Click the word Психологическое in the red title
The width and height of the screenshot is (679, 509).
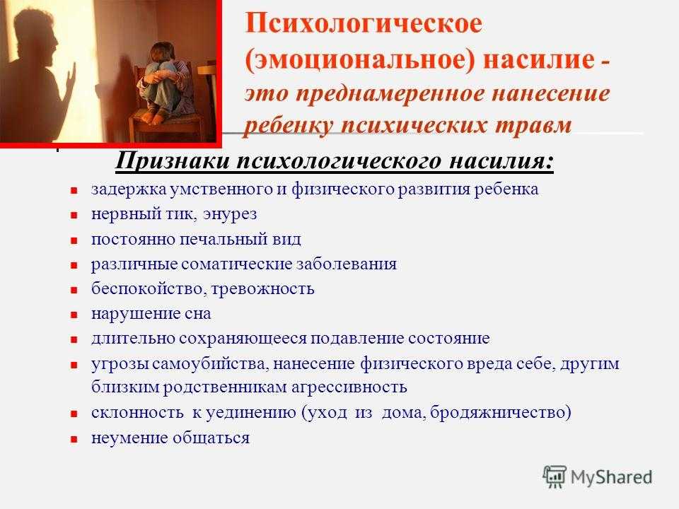[x=364, y=24]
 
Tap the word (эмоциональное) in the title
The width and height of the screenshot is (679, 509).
[x=360, y=59]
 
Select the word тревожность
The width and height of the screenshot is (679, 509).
[x=263, y=289]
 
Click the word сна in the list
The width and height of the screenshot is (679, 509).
[x=197, y=314]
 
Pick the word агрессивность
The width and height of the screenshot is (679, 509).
[x=349, y=387]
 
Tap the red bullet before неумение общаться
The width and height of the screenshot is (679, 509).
[x=74, y=439]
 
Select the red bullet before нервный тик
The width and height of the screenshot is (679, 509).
[x=74, y=215]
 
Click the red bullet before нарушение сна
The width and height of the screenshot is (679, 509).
[x=74, y=315]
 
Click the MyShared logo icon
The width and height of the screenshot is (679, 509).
[x=555, y=477]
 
